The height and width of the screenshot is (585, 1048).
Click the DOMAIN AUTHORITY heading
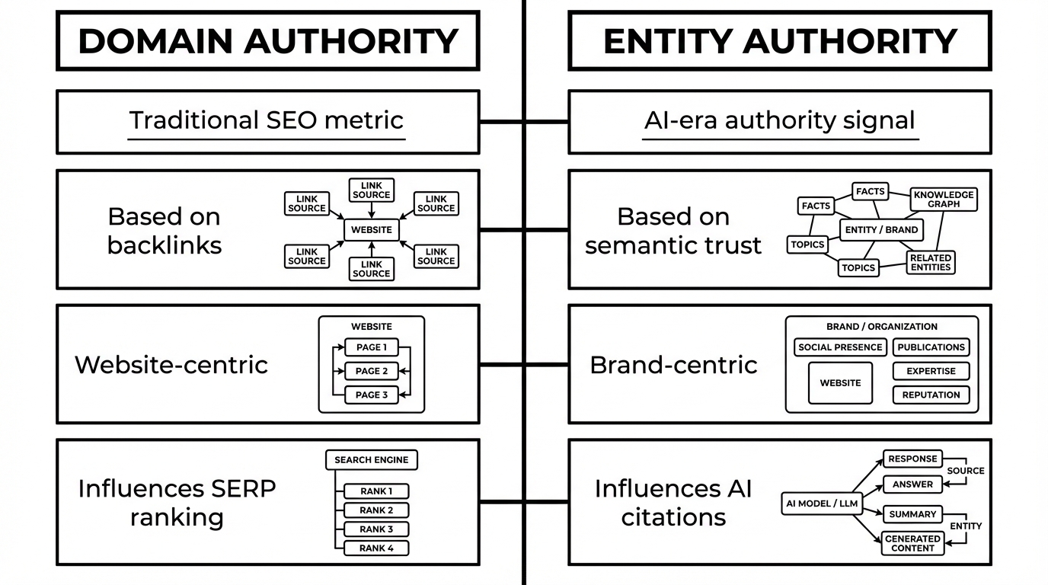click(267, 41)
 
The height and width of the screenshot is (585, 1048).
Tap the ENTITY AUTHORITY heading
click(779, 41)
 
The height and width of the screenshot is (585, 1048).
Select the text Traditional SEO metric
click(266, 120)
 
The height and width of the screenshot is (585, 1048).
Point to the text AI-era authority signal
click(779, 120)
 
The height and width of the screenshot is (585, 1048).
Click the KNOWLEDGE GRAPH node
click(944, 200)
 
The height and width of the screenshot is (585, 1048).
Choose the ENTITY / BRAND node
click(881, 229)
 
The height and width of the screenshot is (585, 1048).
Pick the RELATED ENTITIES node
click(930, 263)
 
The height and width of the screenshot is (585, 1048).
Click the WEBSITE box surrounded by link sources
click(371, 229)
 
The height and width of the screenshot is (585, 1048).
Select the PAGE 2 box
click(372, 371)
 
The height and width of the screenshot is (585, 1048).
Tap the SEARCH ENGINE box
click(371, 460)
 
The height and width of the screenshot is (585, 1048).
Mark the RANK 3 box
click(376, 529)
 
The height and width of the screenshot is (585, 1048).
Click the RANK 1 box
click(376, 491)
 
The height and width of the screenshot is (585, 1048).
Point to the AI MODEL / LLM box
click(821, 503)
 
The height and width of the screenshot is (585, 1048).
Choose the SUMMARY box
click(912, 514)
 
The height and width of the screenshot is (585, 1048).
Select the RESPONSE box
click(912, 459)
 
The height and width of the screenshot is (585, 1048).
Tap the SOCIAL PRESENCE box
click(839, 347)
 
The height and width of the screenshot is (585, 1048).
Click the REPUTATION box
click(931, 395)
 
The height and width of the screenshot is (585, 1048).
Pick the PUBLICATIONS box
click(931, 347)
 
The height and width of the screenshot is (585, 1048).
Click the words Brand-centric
click(673, 365)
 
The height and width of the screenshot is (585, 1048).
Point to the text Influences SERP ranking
click(177, 503)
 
